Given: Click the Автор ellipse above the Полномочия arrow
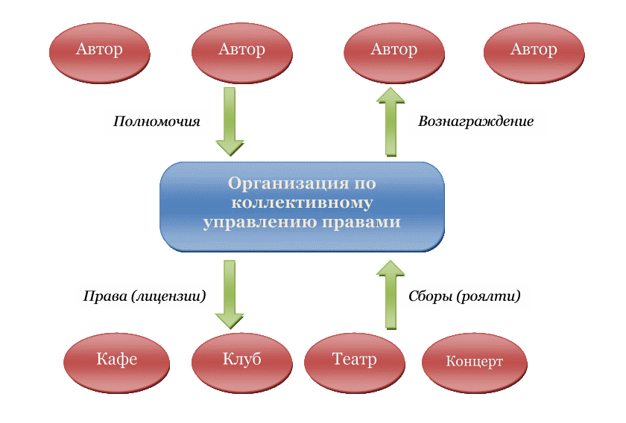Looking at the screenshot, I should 241,51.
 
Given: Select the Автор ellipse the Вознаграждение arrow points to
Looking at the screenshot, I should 393,51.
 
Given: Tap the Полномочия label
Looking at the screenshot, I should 156,121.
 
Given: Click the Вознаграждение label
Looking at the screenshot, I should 476,121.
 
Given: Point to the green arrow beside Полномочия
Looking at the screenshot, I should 230,121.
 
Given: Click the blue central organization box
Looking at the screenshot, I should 302,206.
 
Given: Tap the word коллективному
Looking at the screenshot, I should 302,202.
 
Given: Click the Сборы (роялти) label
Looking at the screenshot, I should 464,296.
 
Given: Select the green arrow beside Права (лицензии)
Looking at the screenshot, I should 230,293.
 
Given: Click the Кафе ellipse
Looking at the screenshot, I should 116,360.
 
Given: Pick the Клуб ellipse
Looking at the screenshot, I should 241,360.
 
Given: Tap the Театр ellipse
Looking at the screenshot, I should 354,360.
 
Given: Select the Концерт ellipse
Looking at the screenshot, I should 474,363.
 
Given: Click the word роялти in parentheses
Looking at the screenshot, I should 493,296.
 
